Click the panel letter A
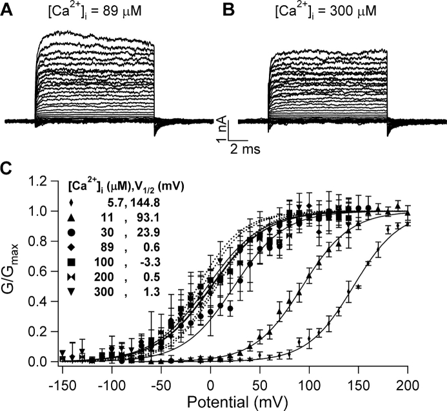click(x=8, y=10)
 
